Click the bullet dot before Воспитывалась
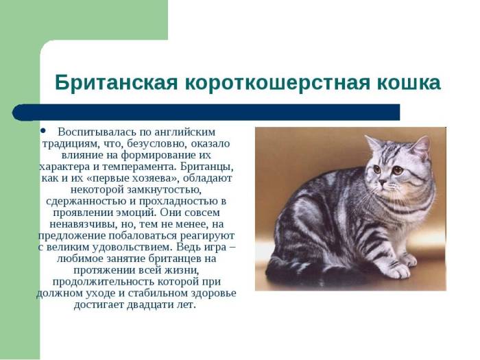point(43,130)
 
